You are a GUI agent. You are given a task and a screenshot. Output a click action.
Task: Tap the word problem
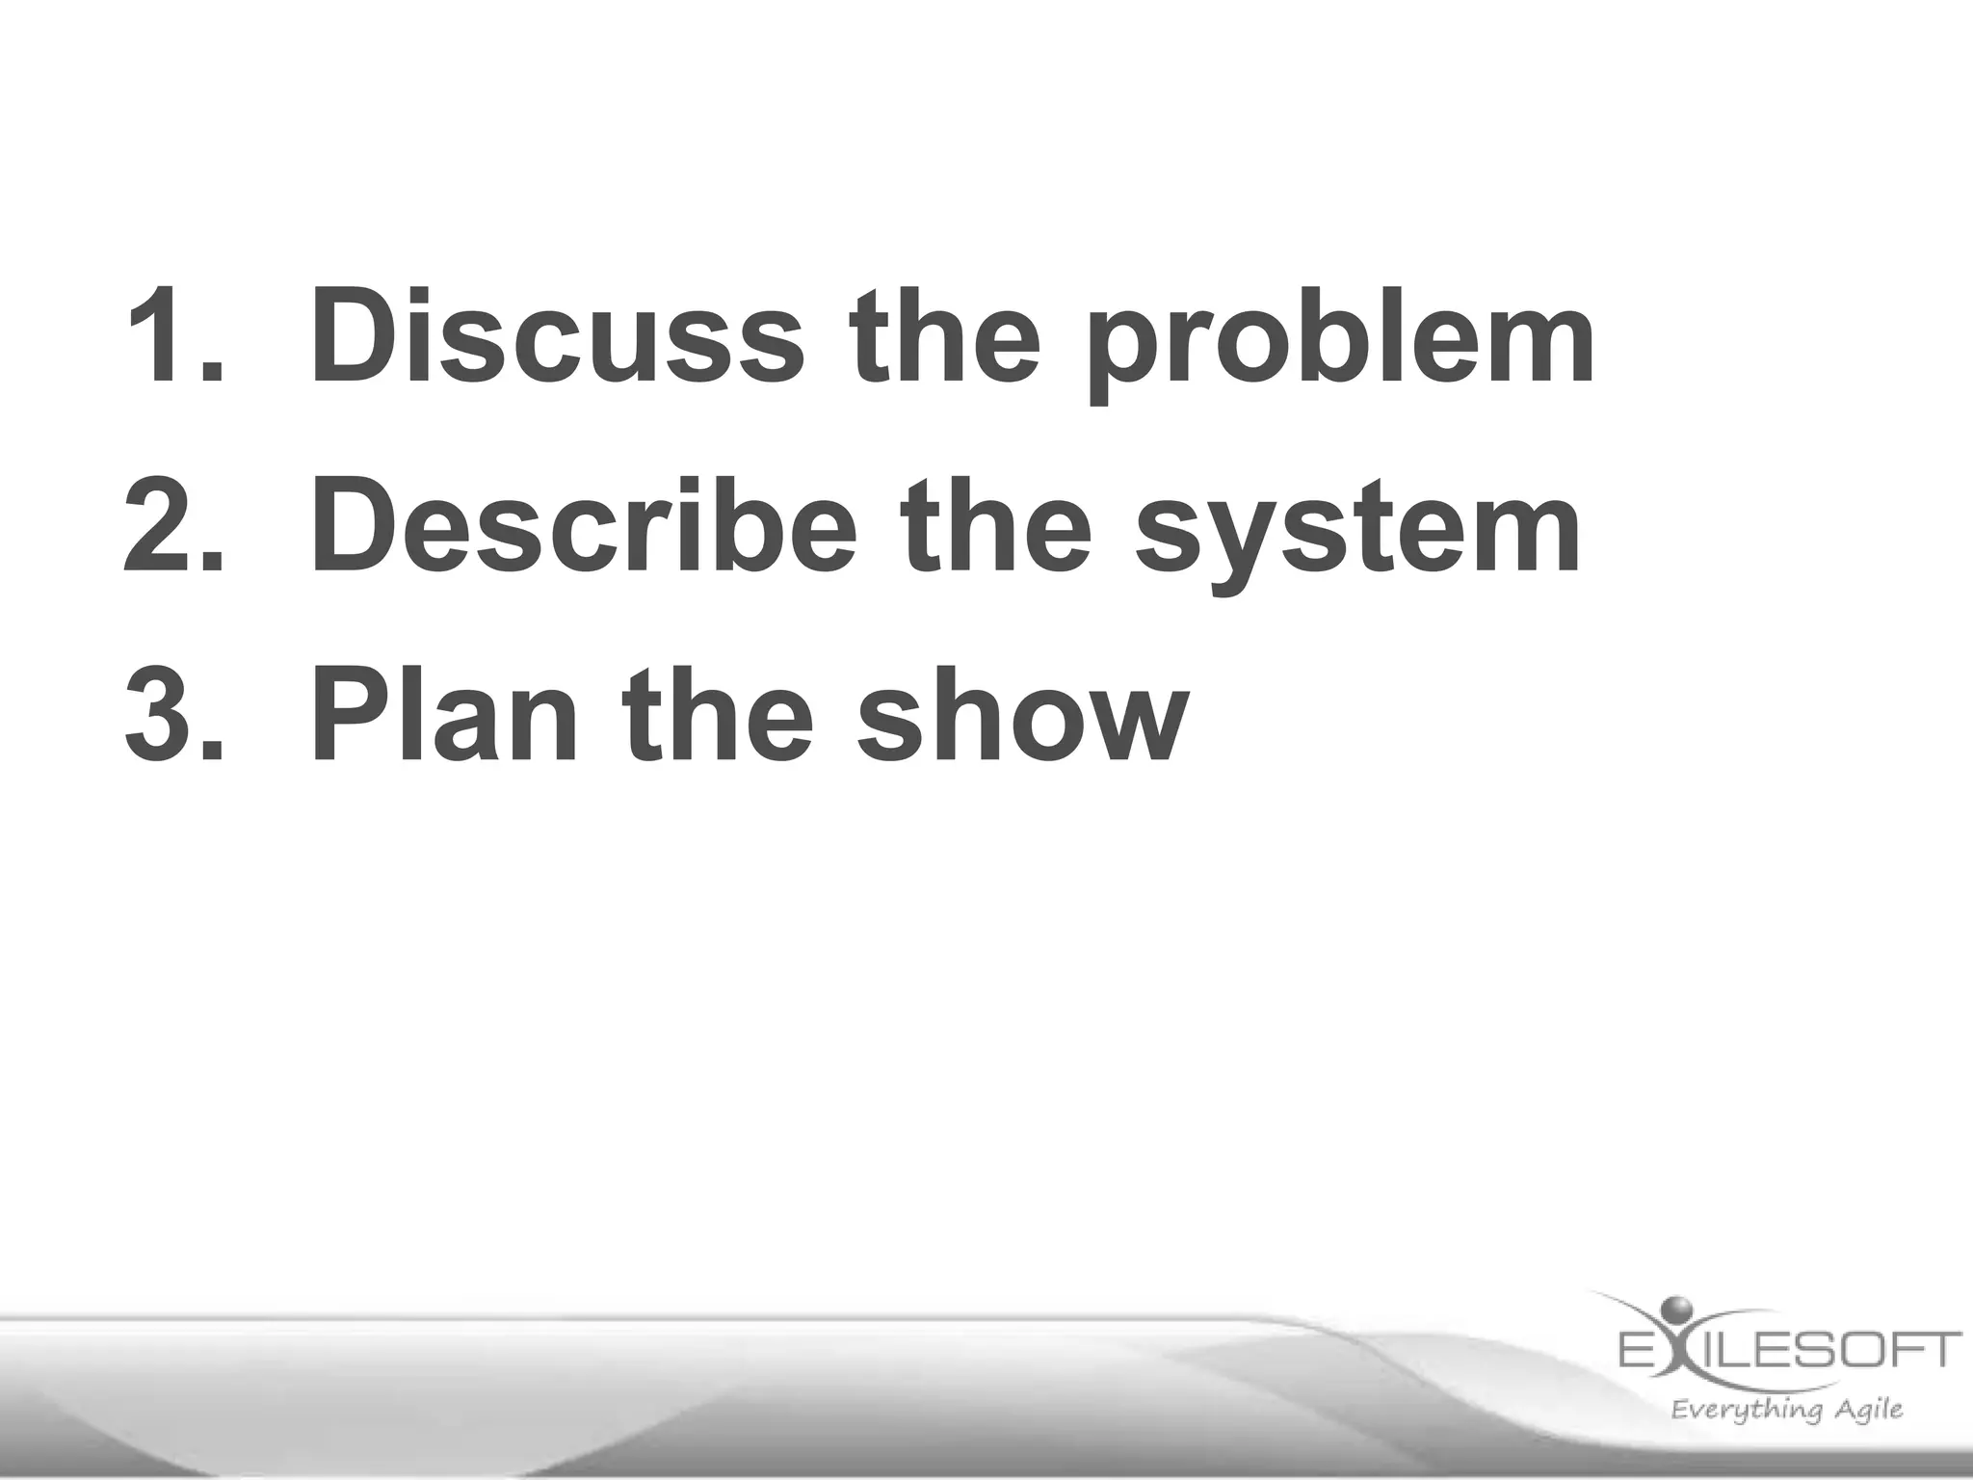pos(1340,337)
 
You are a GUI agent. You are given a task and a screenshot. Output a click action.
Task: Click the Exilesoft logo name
pos(1788,1349)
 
